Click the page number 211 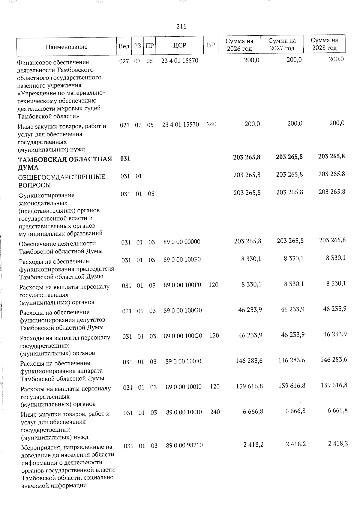point(181,27)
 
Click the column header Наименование point(67,47)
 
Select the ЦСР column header point(180,46)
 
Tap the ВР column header point(211,45)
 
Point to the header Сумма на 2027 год point(282,44)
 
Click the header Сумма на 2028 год point(324,44)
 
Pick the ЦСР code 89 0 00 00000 point(182,242)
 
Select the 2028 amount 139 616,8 point(334,385)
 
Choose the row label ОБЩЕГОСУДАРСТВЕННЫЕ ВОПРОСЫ point(61,181)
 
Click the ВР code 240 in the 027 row point(211,124)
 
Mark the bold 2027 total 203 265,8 point(289,157)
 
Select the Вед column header point(124,46)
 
